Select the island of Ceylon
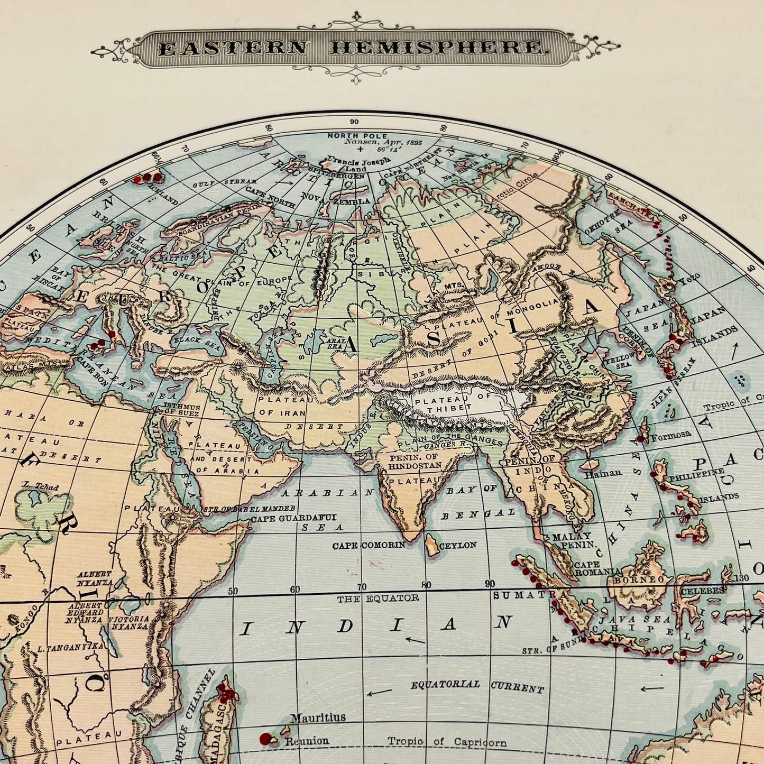click(432, 545)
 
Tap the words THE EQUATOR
click(378, 598)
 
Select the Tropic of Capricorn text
click(447, 742)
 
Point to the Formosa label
click(670, 435)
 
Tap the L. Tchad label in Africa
click(41, 487)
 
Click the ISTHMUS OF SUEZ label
click(182, 410)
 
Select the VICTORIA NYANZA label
click(129, 622)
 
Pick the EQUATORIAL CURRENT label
click(477, 686)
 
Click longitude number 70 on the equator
click(361, 587)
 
